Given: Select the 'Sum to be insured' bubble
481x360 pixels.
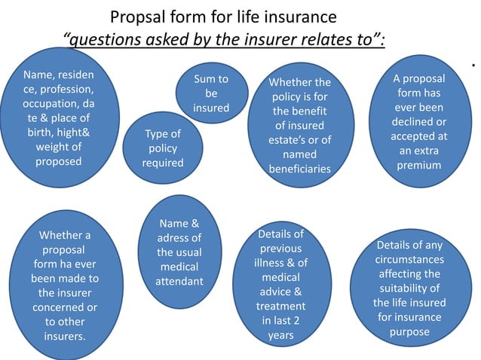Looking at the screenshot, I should coord(211,93).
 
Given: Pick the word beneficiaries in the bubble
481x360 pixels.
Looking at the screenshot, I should coord(300,169).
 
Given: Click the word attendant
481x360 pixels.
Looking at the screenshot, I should coord(179,281).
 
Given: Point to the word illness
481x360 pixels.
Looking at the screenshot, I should coord(268,262).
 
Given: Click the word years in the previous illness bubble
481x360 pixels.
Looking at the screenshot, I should coord(280,334).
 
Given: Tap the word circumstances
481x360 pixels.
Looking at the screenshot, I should coord(410,260).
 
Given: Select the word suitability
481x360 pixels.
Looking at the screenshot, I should coord(410,288).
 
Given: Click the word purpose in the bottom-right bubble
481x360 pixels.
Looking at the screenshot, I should coord(410,331).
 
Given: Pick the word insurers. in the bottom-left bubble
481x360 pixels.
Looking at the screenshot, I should coord(64,335).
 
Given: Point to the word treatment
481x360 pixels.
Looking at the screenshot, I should coord(280,306).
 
